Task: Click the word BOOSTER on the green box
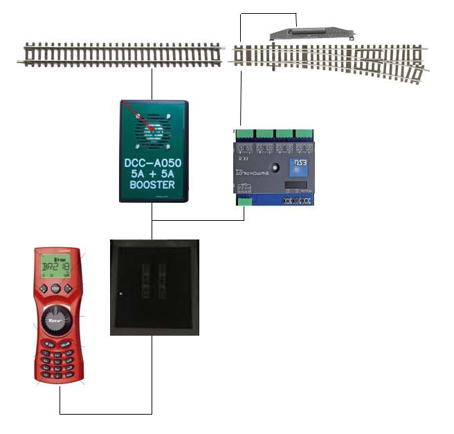[x=153, y=186]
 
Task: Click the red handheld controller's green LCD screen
[x=55, y=265]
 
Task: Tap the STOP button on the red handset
[x=55, y=289]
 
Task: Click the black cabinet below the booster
[x=154, y=287]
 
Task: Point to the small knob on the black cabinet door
[x=120, y=296]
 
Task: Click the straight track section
[x=120, y=54]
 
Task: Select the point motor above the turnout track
[x=311, y=33]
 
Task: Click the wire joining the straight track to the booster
[x=152, y=84]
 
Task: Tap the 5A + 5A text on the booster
[x=153, y=173]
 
